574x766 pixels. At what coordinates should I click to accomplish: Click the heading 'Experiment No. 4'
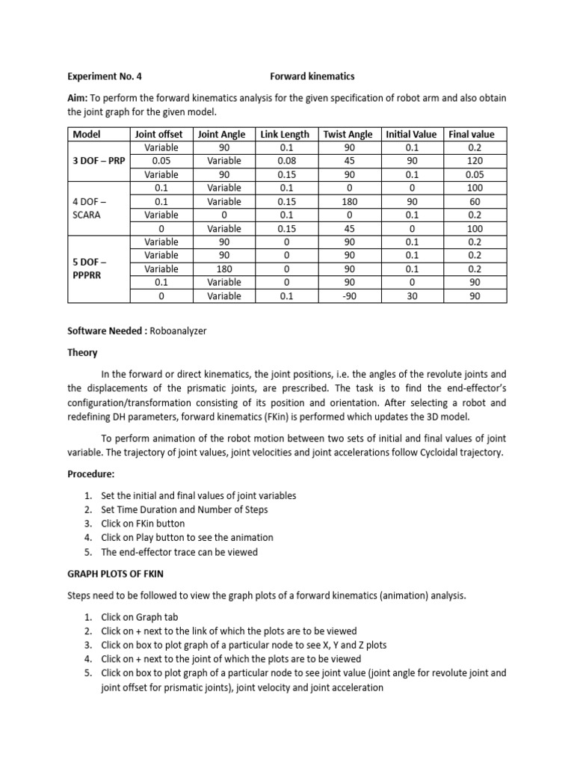point(104,76)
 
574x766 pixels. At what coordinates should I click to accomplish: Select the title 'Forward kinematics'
point(312,76)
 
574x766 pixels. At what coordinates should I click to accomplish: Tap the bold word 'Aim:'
point(80,99)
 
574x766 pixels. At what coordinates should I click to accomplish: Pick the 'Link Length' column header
point(285,134)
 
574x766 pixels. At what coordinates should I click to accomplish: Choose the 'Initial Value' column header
point(411,134)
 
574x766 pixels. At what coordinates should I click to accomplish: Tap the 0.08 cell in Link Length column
point(285,161)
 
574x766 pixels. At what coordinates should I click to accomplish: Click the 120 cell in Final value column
point(475,161)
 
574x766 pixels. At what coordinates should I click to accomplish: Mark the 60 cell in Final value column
point(475,201)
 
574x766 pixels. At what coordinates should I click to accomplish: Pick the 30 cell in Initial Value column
point(411,295)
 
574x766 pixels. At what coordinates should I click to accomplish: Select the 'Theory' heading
point(84,353)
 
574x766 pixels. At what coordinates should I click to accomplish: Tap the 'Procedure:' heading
point(92,475)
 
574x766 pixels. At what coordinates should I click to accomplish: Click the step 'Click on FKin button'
point(143,524)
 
